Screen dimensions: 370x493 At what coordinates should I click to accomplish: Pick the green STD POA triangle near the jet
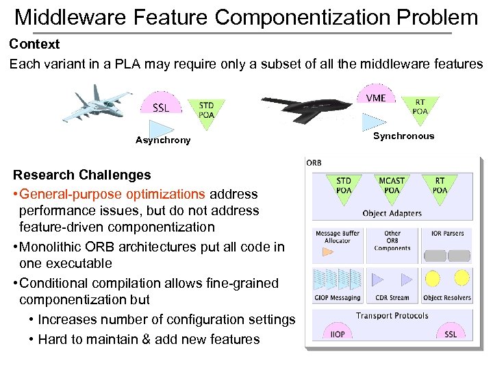pos(206,110)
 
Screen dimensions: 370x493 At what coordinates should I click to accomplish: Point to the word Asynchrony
pos(163,140)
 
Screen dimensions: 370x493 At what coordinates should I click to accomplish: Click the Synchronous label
pos(403,136)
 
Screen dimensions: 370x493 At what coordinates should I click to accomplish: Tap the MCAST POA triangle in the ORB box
pos(392,187)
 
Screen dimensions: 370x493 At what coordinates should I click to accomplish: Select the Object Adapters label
pos(392,213)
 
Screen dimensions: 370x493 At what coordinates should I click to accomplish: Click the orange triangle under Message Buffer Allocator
pos(327,251)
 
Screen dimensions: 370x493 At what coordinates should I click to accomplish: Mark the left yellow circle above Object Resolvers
pos(433,277)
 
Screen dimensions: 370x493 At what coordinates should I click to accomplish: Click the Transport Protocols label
pos(392,316)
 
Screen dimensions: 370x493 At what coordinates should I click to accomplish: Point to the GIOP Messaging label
pos(337,297)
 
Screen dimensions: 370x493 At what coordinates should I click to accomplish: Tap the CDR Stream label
pos(392,297)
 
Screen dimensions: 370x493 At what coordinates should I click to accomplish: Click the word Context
pos(34,45)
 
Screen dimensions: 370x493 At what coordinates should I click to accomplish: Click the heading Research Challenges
pos(81,175)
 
